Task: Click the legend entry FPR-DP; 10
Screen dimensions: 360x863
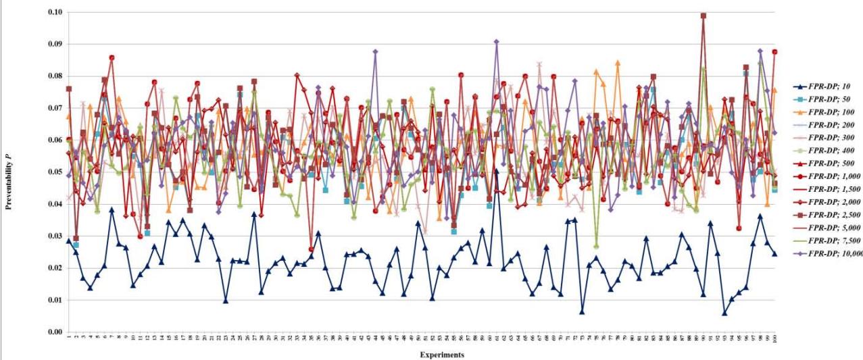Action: point(828,86)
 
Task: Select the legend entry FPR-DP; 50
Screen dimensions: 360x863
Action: point(828,99)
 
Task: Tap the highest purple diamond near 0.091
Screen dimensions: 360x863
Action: point(497,42)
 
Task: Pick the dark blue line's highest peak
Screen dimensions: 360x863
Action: point(497,171)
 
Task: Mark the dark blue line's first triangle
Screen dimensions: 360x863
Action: point(69,241)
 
